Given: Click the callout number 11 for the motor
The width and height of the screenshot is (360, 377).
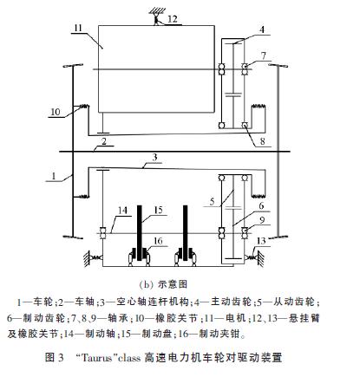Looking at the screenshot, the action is pyautogui.click(x=78, y=29).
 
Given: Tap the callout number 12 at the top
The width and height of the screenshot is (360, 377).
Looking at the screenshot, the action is pyautogui.click(x=173, y=19).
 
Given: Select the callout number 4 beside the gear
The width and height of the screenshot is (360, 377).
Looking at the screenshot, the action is pyautogui.click(x=262, y=29).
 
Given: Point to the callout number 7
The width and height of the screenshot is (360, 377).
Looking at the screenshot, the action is pyautogui.click(x=263, y=55).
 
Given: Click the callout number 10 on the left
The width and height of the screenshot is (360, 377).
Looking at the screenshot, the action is pyautogui.click(x=56, y=112).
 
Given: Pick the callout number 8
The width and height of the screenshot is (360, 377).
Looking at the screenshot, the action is pyautogui.click(x=263, y=141).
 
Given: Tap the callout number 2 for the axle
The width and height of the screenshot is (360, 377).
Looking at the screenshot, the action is pyautogui.click(x=104, y=141).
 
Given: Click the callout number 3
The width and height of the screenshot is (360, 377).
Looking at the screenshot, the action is pyautogui.click(x=155, y=157).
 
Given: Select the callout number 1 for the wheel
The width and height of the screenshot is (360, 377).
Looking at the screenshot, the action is pyautogui.click(x=54, y=176).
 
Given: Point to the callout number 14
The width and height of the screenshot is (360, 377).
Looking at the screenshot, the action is pyautogui.click(x=122, y=210).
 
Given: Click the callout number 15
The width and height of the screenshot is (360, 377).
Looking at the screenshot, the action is pyautogui.click(x=159, y=210).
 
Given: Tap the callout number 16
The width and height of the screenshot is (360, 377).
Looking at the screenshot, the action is pyautogui.click(x=158, y=241).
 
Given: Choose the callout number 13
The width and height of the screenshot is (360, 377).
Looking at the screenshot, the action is pyautogui.click(x=261, y=241).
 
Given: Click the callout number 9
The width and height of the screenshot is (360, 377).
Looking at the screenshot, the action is pyautogui.click(x=262, y=220).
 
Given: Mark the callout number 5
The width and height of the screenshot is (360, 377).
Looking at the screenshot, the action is pyautogui.click(x=213, y=201).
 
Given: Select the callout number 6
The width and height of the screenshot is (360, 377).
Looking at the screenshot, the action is pyautogui.click(x=261, y=205).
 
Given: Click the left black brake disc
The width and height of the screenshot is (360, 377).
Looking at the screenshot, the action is pyautogui.click(x=140, y=233).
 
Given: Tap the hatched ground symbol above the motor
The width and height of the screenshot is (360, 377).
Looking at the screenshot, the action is pyautogui.click(x=157, y=11).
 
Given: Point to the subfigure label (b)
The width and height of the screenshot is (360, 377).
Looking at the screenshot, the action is pyautogui.click(x=146, y=284).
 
